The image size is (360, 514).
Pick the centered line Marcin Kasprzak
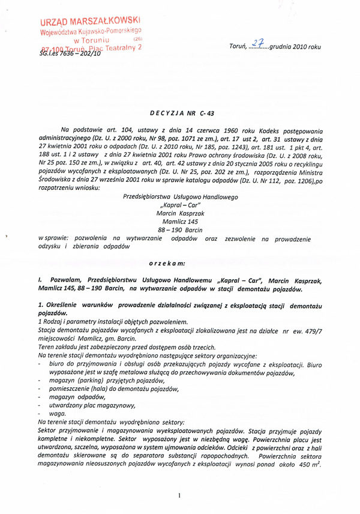coord(179,213)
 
